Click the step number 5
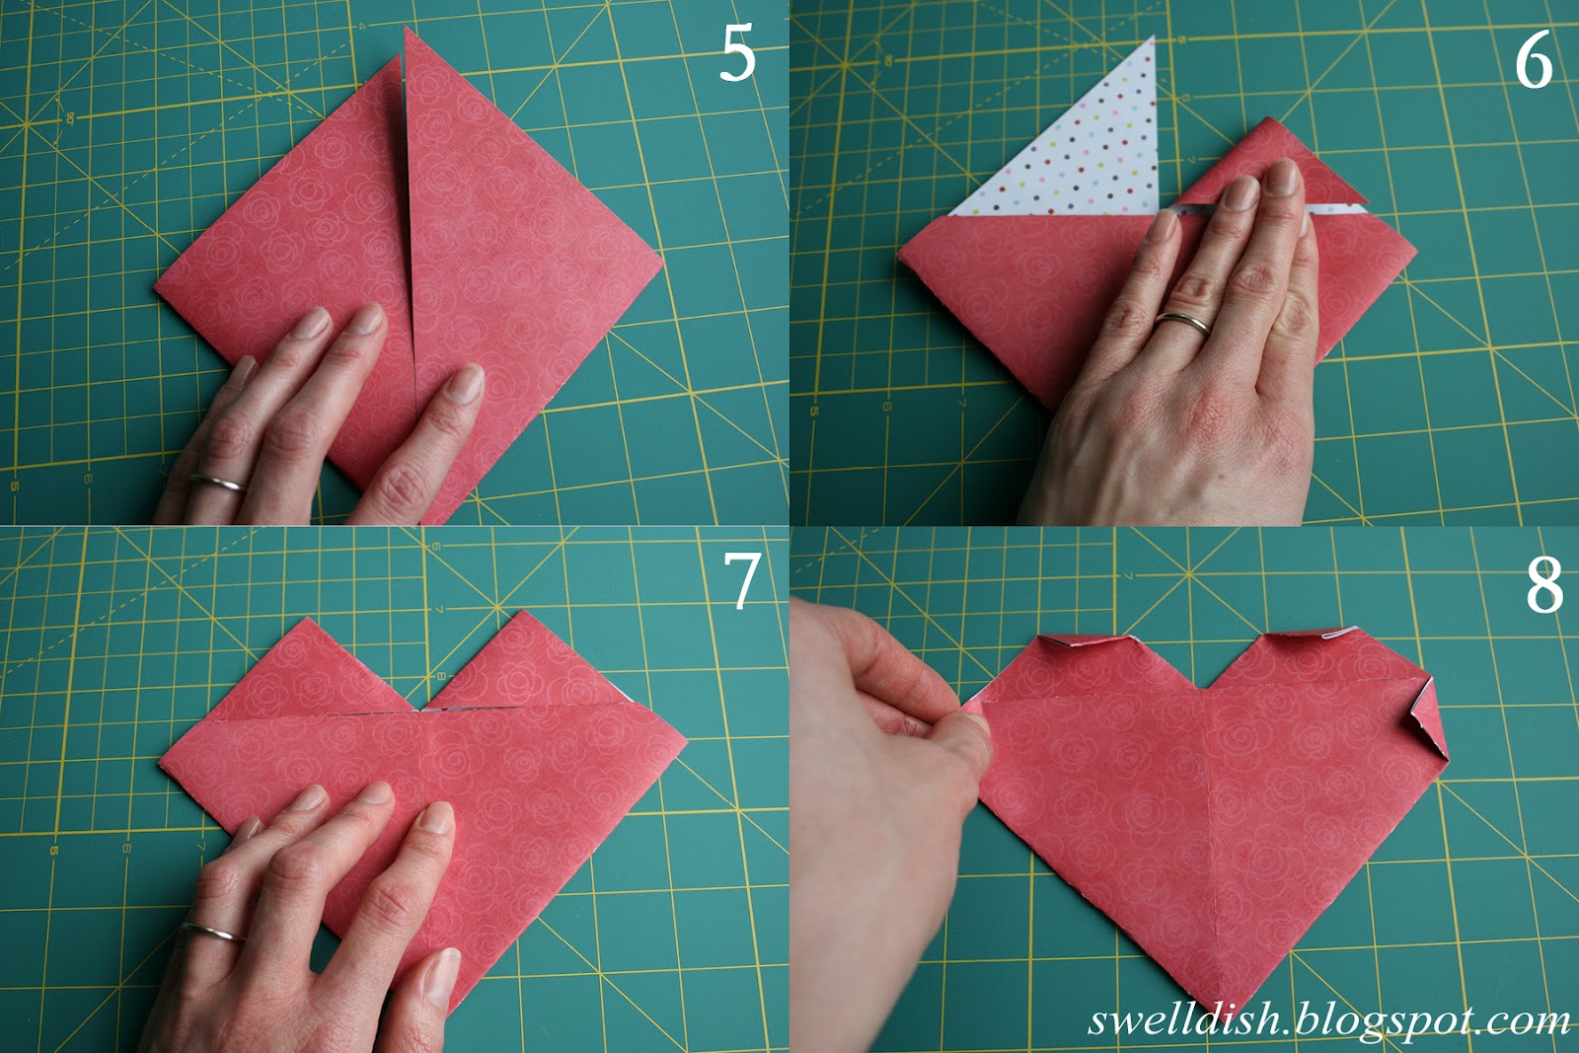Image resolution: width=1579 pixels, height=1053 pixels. coord(737,54)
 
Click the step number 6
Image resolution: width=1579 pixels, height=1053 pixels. coord(1533,61)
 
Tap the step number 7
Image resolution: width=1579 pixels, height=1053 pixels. coord(741,580)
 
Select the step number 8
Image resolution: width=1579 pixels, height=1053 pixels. coord(1544,584)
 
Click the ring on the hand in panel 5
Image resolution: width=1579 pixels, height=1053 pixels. coord(218,483)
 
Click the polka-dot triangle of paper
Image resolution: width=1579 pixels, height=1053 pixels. coord(1086,148)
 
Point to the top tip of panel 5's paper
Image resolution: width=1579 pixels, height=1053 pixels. coord(406,30)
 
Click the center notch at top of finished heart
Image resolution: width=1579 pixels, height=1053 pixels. coord(1208,686)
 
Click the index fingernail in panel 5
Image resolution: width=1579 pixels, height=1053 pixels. coord(468,382)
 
